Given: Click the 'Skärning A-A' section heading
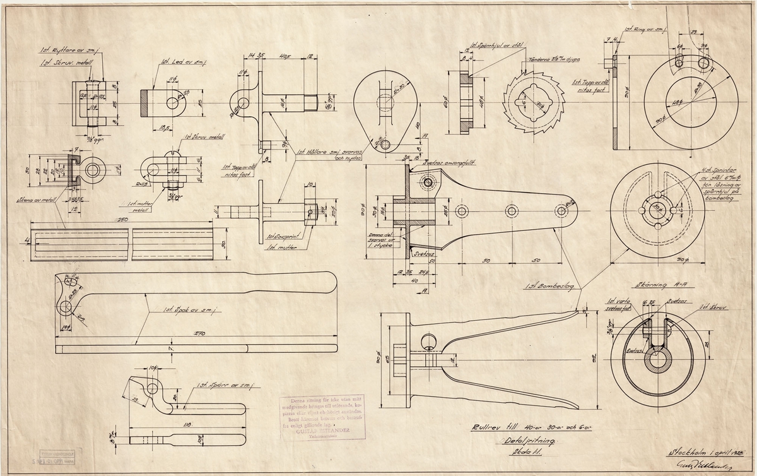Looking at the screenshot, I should coord(652,285).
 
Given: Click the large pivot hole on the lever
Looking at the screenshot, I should coord(66,306).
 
